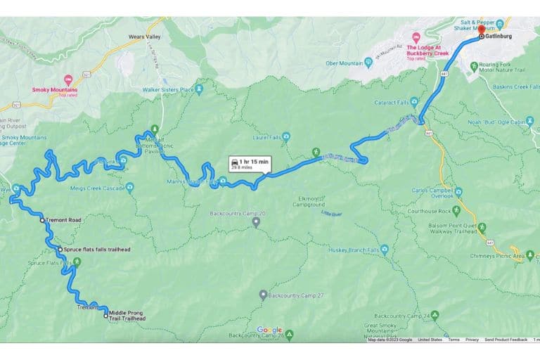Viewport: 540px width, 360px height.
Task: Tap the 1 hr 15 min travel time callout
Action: (x=249, y=165)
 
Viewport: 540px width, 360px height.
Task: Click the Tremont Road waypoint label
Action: (x=64, y=220)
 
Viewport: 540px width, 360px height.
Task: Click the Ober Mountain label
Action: (x=342, y=63)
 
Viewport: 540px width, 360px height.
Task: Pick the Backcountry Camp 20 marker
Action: (x=257, y=221)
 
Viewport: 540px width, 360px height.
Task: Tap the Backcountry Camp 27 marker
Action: (x=263, y=295)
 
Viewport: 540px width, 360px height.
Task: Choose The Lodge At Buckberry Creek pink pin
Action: (x=416, y=36)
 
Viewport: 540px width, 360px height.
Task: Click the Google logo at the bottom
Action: (x=269, y=330)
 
